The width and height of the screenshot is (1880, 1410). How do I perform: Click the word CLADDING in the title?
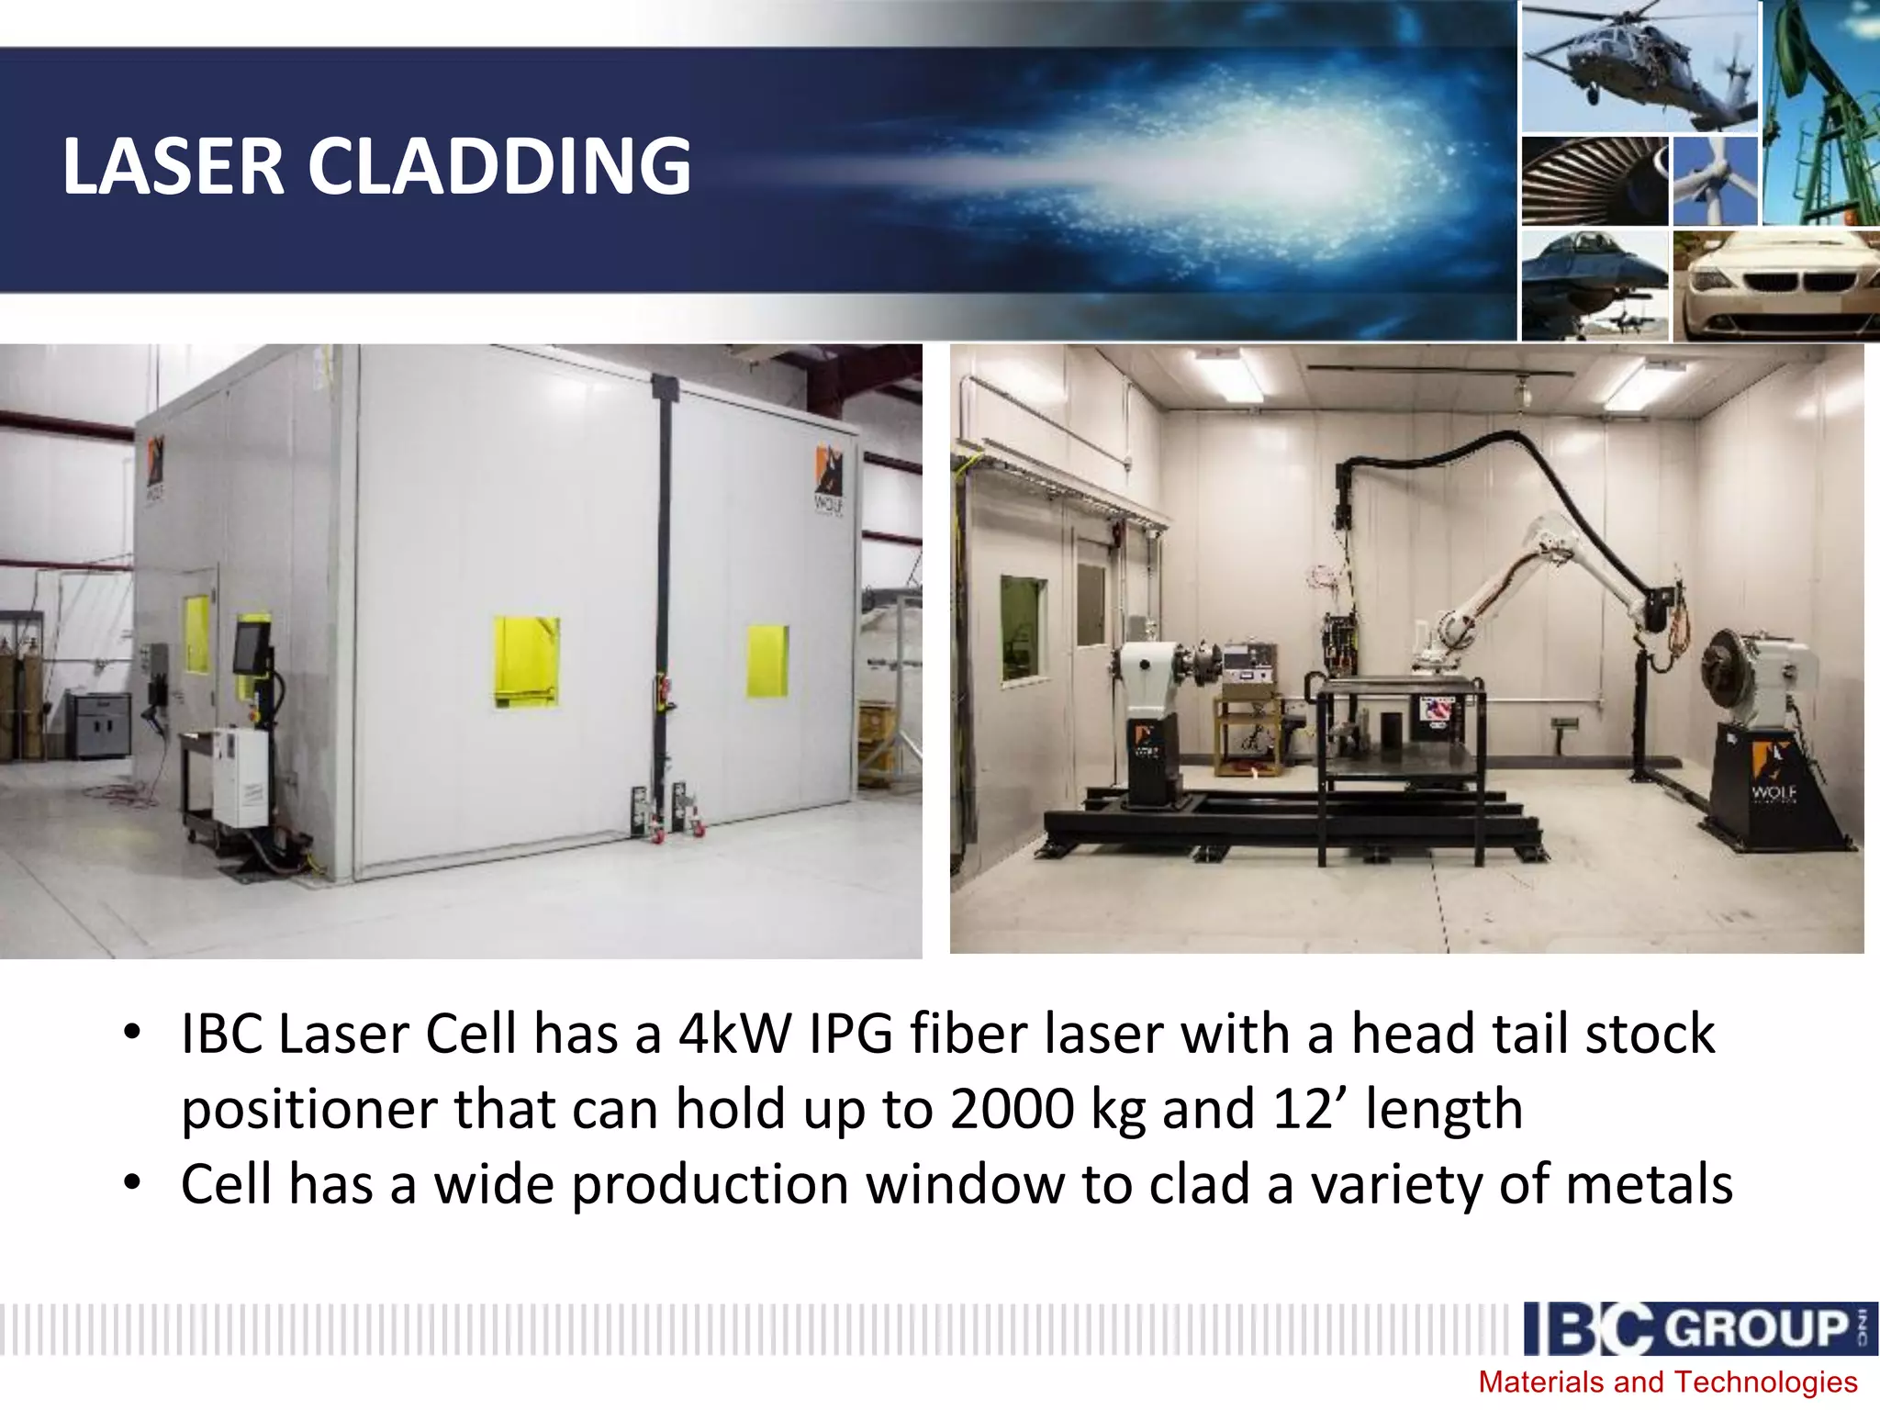click(498, 167)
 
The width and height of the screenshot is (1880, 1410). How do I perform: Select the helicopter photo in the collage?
click(1639, 66)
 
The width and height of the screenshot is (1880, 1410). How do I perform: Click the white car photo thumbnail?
click(1776, 285)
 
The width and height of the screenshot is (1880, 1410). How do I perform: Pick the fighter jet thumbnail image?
click(1595, 285)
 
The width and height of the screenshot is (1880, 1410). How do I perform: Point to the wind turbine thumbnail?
click(1714, 181)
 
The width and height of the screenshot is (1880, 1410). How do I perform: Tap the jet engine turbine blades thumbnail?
click(1595, 181)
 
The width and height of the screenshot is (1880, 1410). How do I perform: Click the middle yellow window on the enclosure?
click(526, 660)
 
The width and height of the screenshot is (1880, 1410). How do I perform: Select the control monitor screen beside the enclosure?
click(249, 648)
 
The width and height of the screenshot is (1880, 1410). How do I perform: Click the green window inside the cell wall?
click(1023, 629)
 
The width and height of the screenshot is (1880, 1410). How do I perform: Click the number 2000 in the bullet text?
click(1012, 1109)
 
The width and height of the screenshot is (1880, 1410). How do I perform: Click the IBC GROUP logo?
click(1698, 1328)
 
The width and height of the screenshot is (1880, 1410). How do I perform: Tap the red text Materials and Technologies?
click(1667, 1382)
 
